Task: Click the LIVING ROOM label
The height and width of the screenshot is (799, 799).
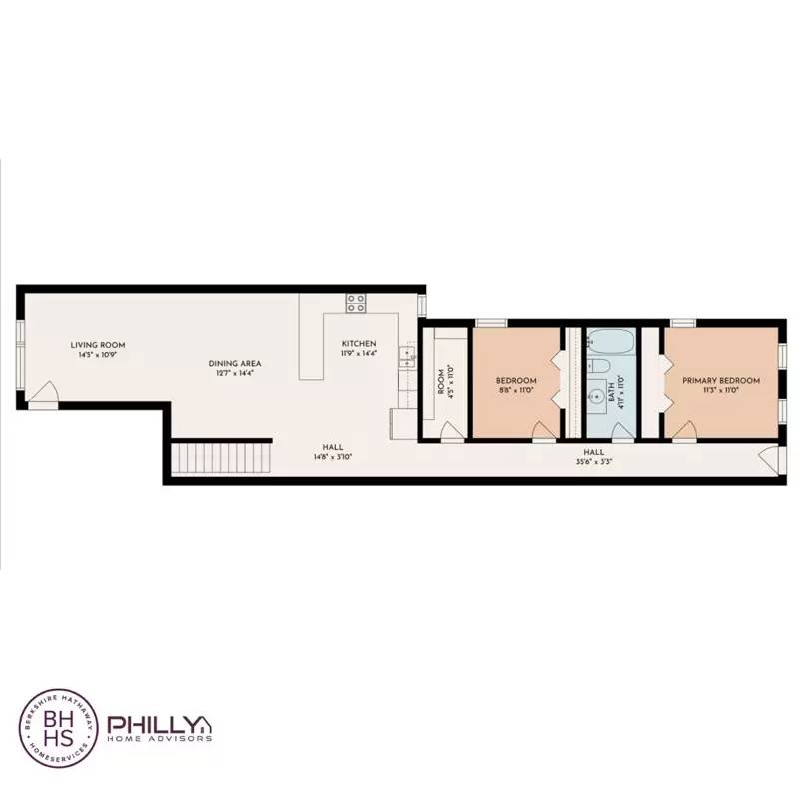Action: click(97, 345)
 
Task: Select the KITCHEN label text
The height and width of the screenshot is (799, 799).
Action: click(359, 344)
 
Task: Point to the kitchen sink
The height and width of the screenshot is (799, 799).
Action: click(406, 354)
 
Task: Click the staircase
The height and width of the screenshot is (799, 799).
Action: click(222, 458)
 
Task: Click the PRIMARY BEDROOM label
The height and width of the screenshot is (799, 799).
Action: click(720, 381)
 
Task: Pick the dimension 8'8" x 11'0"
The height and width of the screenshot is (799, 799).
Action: click(517, 391)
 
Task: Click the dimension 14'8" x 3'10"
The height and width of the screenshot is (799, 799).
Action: click(333, 457)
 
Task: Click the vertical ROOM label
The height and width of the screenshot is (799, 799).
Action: click(440, 384)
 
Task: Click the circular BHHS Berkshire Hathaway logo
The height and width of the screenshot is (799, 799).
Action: click(58, 726)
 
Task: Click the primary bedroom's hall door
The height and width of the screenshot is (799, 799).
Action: click(684, 430)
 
